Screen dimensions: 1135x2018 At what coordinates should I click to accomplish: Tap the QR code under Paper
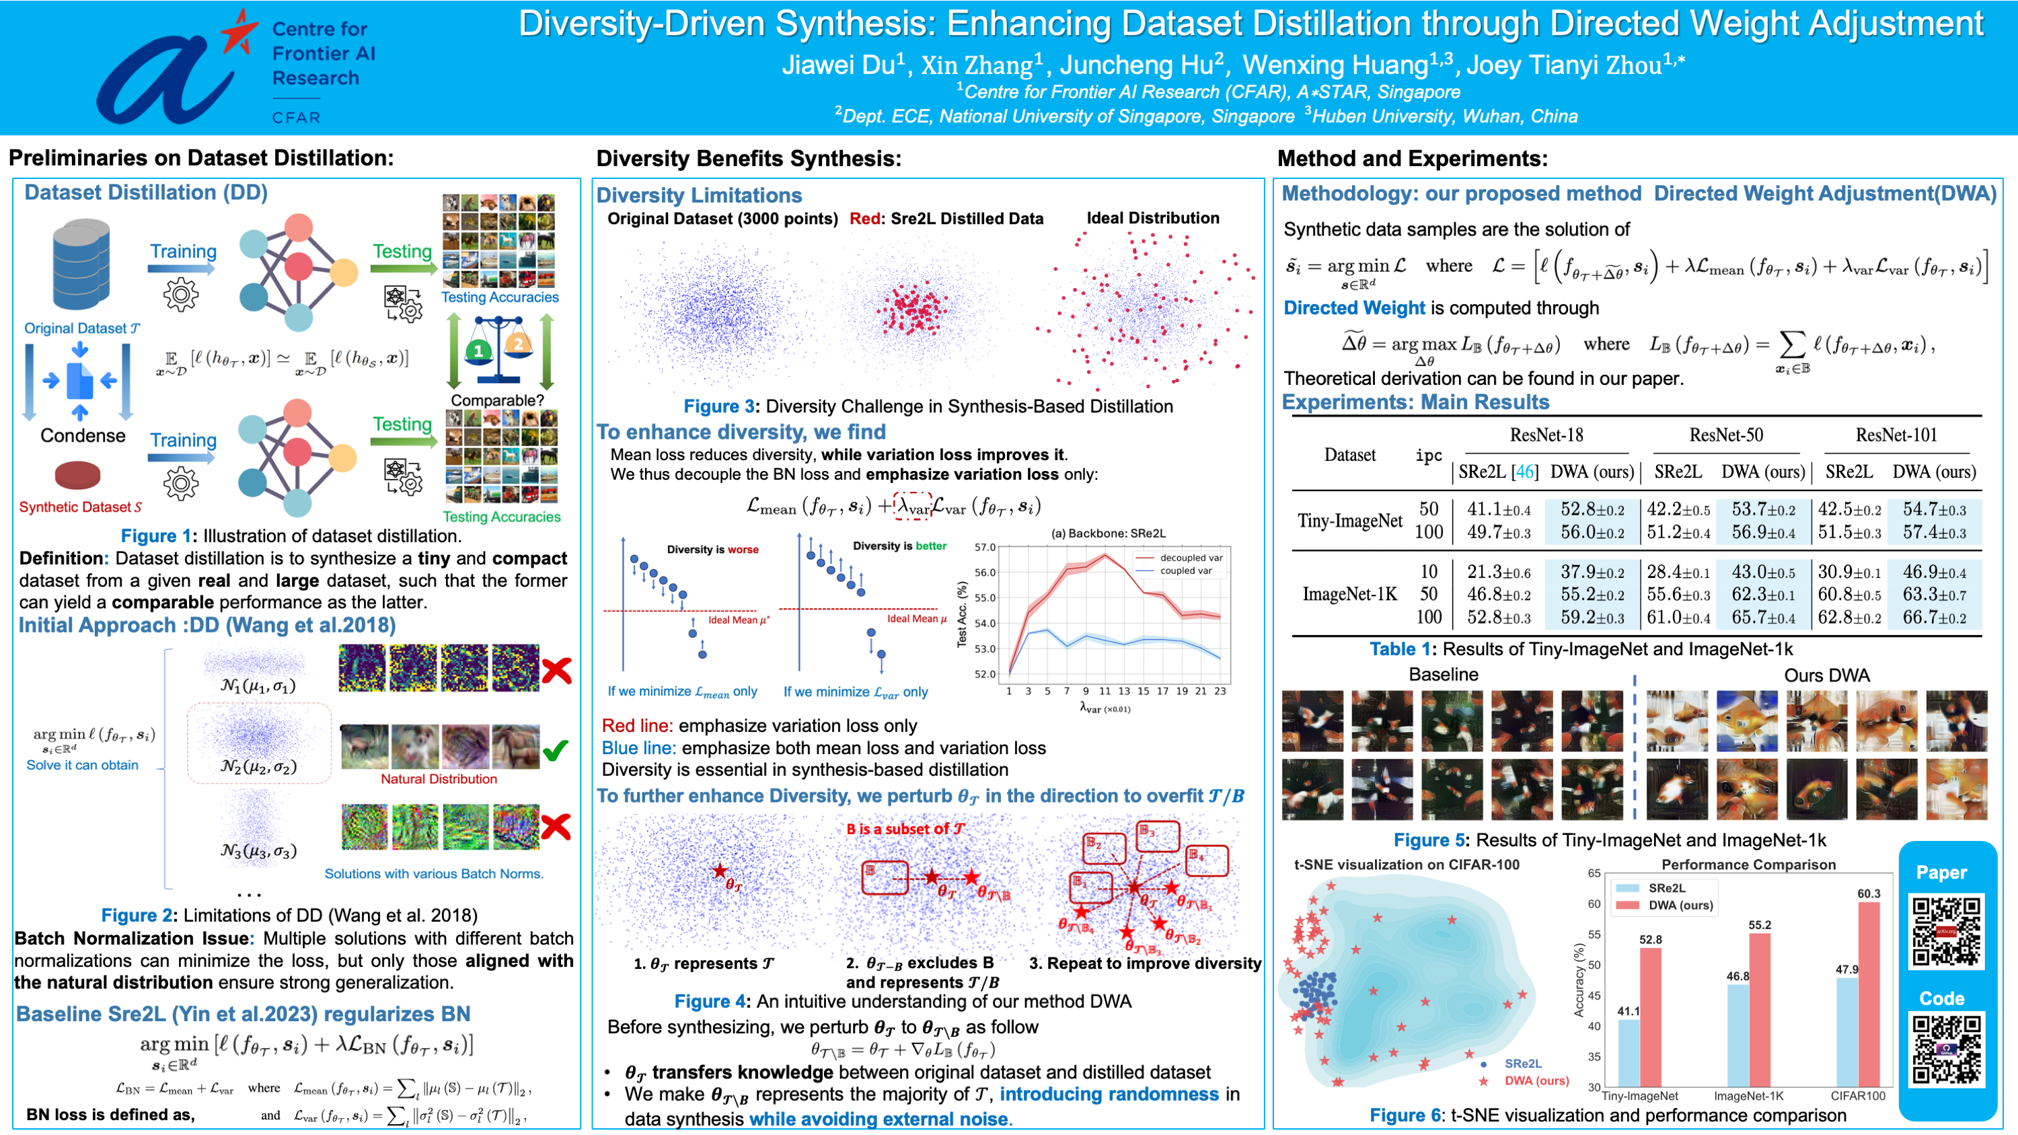click(x=1945, y=931)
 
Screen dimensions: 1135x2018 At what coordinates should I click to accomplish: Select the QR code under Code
click(x=1945, y=1050)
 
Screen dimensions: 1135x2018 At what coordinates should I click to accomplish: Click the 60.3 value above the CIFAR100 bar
click(x=1869, y=893)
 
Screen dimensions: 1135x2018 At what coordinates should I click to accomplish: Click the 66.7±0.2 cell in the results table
click(x=1934, y=617)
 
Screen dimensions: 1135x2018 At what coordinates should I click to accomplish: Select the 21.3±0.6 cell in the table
click(x=1498, y=573)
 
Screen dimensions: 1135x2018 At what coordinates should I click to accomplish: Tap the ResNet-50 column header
click(x=1726, y=435)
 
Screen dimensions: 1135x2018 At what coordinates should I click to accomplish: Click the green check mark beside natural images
click(x=556, y=750)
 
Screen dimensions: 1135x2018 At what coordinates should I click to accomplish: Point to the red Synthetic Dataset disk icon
click(x=77, y=475)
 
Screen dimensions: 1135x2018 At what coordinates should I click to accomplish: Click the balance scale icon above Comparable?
click(x=498, y=350)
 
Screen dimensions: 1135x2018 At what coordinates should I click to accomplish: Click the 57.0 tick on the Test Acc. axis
click(x=985, y=547)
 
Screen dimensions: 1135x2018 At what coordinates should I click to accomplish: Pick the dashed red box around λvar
click(x=913, y=506)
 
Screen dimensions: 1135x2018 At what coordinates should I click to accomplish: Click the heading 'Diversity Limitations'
click(x=699, y=195)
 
